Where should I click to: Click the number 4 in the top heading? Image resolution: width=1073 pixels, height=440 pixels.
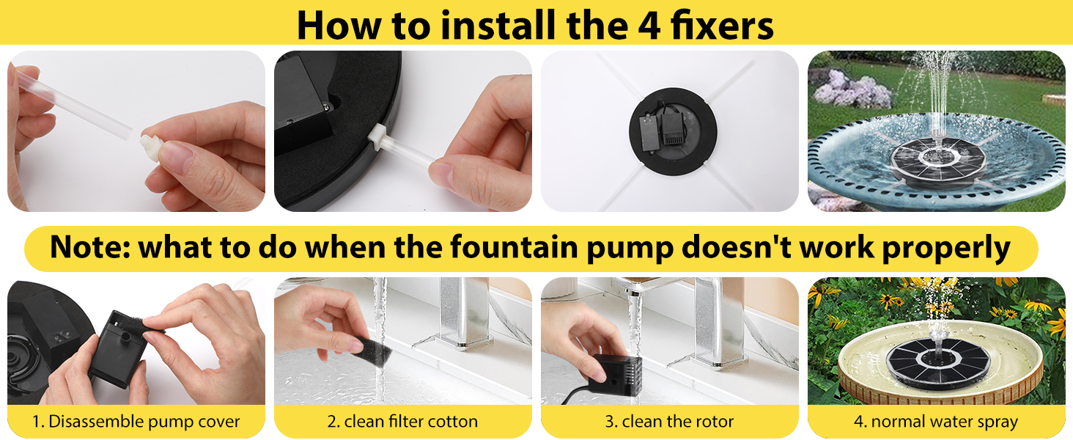[x=649, y=26]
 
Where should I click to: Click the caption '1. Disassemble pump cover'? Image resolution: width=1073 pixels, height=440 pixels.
[x=136, y=422]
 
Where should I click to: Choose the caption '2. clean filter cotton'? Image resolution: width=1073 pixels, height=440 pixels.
[x=402, y=422]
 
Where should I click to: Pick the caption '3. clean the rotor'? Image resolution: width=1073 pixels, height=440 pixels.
[x=669, y=422]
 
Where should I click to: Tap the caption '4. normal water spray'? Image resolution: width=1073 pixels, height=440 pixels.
[x=935, y=422]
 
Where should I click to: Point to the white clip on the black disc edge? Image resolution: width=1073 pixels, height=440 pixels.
[x=377, y=136]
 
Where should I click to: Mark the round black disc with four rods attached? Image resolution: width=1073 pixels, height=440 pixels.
[x=673, y=131]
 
